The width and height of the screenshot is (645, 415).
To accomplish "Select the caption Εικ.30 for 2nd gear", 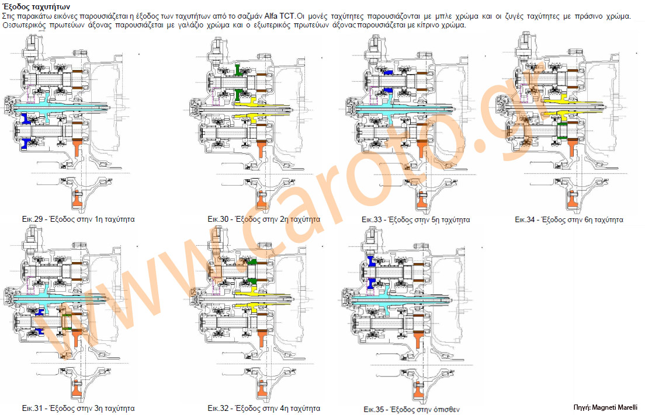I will pyautogui.click(x=263, y=220).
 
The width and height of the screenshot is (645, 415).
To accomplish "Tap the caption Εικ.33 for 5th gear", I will pyautogui.click(x=415, y=220).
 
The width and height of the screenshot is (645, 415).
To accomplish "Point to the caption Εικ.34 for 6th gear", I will pyautogui.click(x=568, y=220).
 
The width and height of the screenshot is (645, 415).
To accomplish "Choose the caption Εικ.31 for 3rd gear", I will pyautogui.click(x=78, y=408).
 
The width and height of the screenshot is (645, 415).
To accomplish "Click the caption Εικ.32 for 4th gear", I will pyautogui.click(x=263, y=408).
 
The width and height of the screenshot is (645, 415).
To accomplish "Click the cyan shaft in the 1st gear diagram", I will pyautogui.click(x=58, y=108).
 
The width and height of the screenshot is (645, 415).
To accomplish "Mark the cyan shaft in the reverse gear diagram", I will pyautogui.click(x=397, y=297).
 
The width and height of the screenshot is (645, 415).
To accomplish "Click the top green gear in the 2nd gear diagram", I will pyautogui.click(x=238, y=71).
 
